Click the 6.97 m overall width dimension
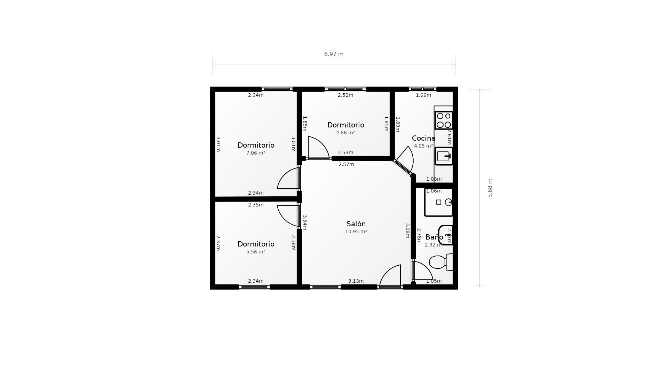(x=334, y=54)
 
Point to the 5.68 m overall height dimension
(x=490, y=188)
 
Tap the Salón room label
(x=356, y=224)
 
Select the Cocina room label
(x=423, y=138)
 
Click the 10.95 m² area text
(x=356, y=232)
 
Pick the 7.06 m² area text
(x=256, y=153)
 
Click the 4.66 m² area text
(x=345, y=133)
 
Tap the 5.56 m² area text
(x=256, y=252)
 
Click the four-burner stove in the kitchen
(x=444, y=120)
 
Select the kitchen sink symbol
(x=444, y=156)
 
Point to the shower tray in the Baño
(x=438, y=202)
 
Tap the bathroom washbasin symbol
(x=445, y=235)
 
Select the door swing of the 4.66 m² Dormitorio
(x=317, y=148)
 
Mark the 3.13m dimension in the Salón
(x=356, y=281)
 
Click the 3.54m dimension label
(x=304, y=222)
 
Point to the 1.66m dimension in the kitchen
(x=423, y=95)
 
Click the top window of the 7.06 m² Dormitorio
(x=277, y=89)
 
